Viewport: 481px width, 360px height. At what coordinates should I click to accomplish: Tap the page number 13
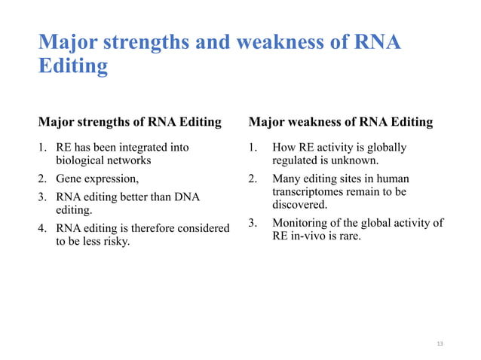click(440, 343)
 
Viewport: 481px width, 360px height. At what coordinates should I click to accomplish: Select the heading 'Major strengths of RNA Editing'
click(130, 121)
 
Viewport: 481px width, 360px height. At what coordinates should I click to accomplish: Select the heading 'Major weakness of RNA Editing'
click(341, 121)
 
